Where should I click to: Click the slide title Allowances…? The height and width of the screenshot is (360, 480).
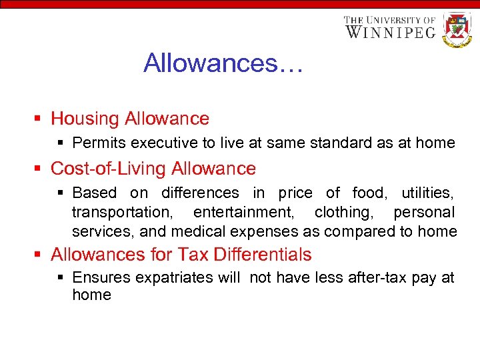(x=223, y=63)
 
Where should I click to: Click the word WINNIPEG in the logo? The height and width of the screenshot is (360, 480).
(x=390, y=31)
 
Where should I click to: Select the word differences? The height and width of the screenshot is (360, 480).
(x=200, y=193)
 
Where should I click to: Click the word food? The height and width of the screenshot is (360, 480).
(x=367, y=193)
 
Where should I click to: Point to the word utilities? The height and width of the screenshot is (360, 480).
(x=428, y=193)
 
